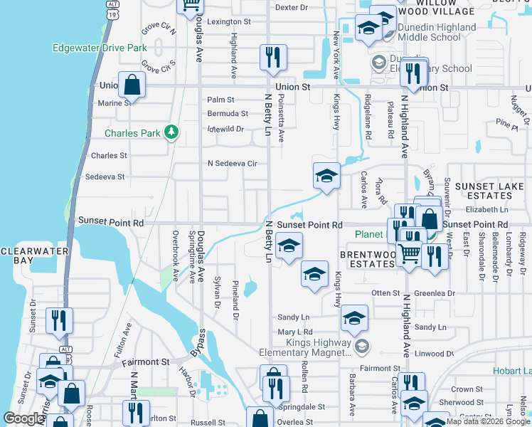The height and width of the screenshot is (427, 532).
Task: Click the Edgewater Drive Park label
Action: (x=99, y=48)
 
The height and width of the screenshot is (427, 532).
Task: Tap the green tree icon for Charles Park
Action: (x=171, y=132)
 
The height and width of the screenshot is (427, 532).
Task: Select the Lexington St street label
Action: (x=228, y=22)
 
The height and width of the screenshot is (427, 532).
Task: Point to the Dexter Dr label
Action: (x=291, y=7)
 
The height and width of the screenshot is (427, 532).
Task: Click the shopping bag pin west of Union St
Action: (x=132, y=85)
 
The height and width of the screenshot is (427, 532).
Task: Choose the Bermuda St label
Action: (x=228, y=113)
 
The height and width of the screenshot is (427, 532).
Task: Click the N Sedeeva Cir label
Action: (x=232, y=163)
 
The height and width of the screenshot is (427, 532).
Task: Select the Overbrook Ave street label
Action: (x=174, y=255)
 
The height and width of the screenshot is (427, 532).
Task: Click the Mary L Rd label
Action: (x=295, y=332)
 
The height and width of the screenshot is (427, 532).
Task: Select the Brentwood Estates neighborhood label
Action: (x=366, y=259)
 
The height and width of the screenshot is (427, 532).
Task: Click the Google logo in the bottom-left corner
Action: (x=24, y=418)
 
